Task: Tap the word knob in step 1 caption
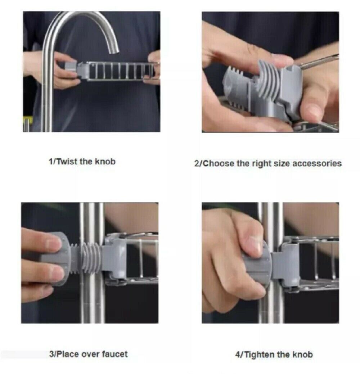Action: (x=106, y=161)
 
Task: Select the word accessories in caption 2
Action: (x=317, y=163)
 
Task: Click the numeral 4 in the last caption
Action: (x=237, y=355)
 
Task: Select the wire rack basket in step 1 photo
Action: (x=119, y=71)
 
